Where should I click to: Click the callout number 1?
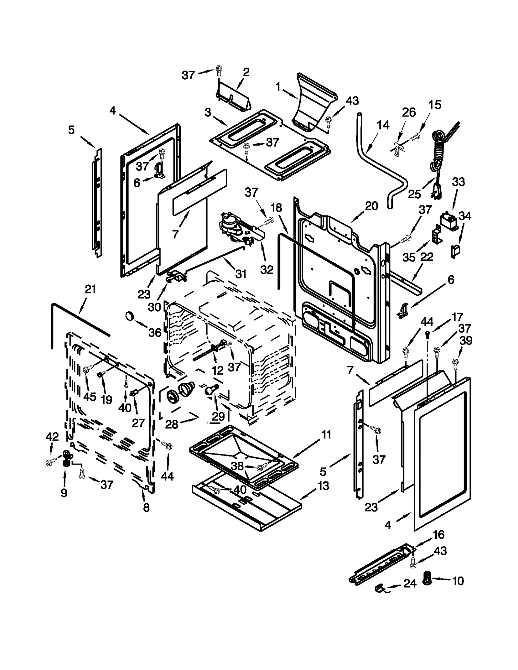[278, 87]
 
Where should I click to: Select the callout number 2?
[246, 72]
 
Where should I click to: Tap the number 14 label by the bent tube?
[383, 125]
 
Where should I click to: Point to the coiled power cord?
[437, 152]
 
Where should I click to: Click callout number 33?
[458, 182]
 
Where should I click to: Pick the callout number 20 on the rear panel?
[371, 206]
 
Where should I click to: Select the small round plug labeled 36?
[129, 315]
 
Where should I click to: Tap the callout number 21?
[90, 289]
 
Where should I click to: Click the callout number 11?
[326, 435]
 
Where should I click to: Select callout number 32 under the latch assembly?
[267, 269]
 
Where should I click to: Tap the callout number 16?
[439, 535]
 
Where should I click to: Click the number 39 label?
[466, 340]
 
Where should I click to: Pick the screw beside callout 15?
[414, 138]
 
